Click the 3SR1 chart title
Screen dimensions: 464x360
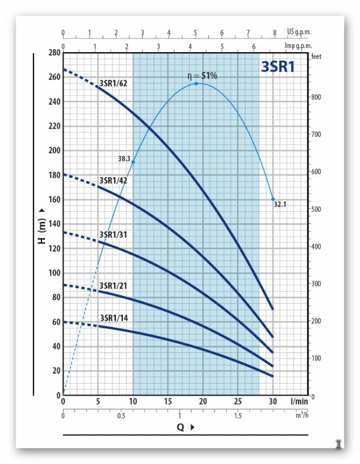pyautogui.click(x=277, y=67)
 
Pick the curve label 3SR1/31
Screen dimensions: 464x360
pyautogui.click(x=113, y=234)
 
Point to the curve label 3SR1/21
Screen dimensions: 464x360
pyautogui.click(x=113, y=285)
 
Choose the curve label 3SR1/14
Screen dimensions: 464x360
pyautogui.click(x=113, y=318)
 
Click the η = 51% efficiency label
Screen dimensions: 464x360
pyautogui.click(x=201, y=76)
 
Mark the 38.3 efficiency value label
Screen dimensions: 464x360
pyautogui.click(x=124, y=159)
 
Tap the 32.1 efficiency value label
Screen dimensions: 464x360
pyautogui.click(x=280, y=204)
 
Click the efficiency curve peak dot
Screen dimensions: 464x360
pyautogui.click(x=196, y=83)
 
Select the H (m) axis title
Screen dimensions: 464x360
pyautogui.click(x=42, y=229)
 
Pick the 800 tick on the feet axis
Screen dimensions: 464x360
pyautogui.click(x=317, y=97)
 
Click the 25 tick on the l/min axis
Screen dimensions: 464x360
pyautogui.click(x=238, y=401)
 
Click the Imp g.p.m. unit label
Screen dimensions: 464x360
pyautogui.click(x=298, y=45)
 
